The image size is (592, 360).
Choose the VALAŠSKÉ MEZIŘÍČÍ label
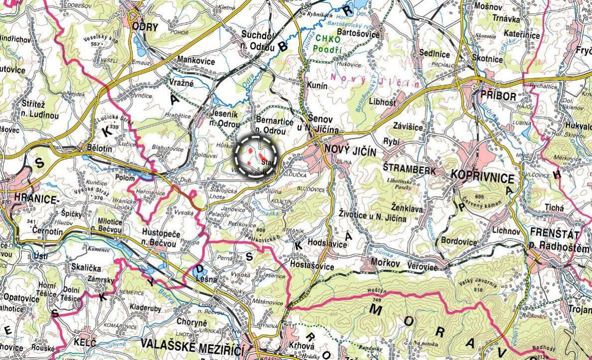[x=198, y=344]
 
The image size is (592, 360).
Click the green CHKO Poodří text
[x=327, y=44]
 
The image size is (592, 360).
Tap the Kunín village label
[x=317, y=86]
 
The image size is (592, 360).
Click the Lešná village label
[x=207, y=280]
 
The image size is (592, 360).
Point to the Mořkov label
[x=384, y=262]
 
